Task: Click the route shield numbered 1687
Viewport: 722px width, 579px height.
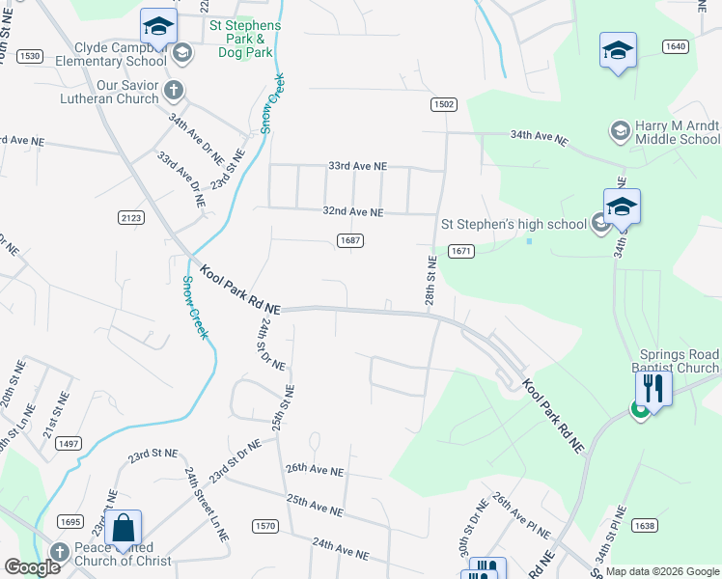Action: coord(350,240)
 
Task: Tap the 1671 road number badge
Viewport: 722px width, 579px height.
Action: coord(461,251)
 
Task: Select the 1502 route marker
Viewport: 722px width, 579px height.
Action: coord(443,104)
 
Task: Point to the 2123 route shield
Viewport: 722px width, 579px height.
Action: coord(131,218)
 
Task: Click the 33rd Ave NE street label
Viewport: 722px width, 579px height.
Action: coord(357,166)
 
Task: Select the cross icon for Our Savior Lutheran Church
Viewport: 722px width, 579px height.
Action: coord(173,91)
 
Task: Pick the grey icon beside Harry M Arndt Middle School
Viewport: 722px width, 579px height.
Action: coord(620,129)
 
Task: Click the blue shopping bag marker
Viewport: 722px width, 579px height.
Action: coord(124,528)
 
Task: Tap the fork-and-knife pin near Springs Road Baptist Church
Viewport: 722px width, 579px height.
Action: coord(653,389)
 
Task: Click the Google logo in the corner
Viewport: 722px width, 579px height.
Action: coord(32,567)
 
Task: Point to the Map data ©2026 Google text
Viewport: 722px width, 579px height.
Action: coord(662,571)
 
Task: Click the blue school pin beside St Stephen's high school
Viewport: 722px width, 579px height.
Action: coord(623,207)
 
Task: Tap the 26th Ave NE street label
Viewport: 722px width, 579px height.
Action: coord(315,469)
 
